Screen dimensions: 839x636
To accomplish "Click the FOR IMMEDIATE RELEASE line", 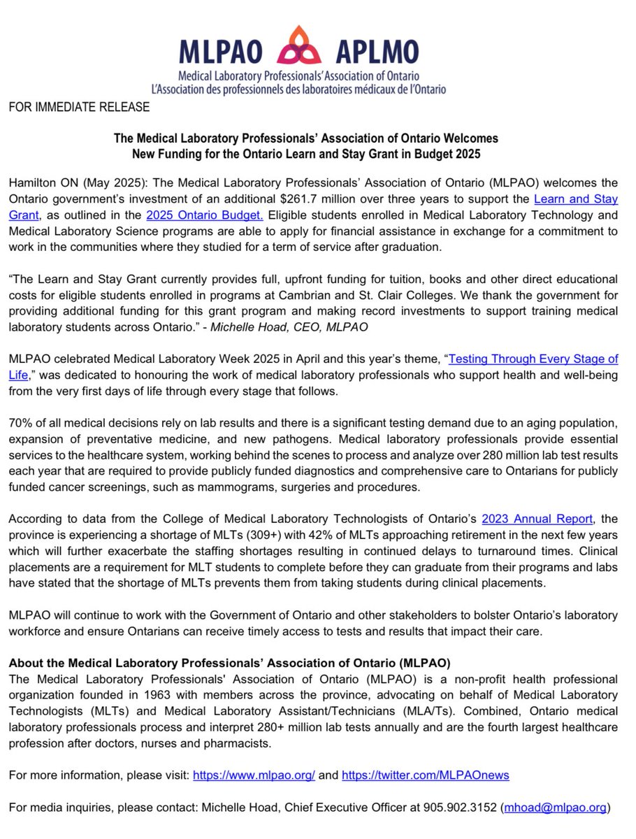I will [79, 107].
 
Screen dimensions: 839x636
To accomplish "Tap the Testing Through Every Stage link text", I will [533, 359].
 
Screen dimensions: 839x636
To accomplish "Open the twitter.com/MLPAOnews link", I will [425, 776].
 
